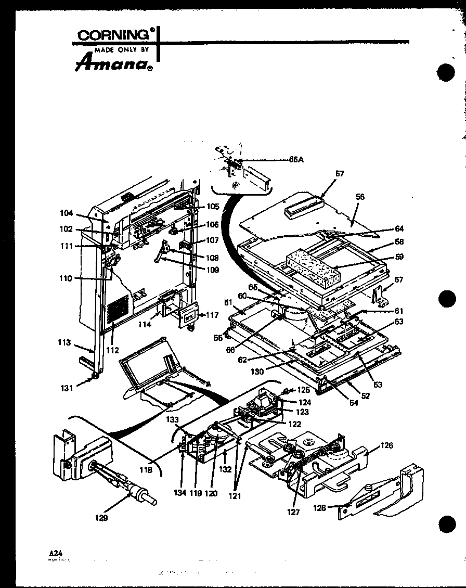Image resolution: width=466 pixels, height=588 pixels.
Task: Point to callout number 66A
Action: click(x=296, y=160)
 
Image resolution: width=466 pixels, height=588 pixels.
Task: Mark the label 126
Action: click(x=386, y=445)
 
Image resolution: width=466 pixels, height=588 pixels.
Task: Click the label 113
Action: click(x=64, y=342)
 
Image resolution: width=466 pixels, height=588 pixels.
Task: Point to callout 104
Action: click(x=67, y=213)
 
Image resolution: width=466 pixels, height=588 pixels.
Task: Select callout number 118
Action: click(x=146, y=470)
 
